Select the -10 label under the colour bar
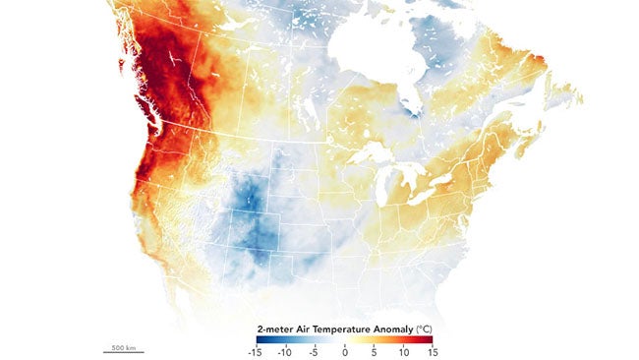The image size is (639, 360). [285, 350]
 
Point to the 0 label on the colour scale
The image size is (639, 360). [344, 350]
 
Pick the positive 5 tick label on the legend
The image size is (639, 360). [374, 350]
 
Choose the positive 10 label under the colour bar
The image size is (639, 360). [402, 350]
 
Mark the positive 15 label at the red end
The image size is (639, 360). [432, 350]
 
